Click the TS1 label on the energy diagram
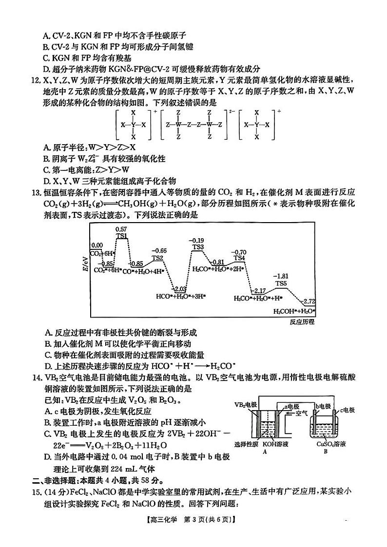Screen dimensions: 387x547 pyautogui.click(x=121, y=236)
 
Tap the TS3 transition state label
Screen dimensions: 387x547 pyautogui.click(x=197, y=247)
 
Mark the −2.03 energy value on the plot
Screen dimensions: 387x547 pyautogui.click(x=180, y=289)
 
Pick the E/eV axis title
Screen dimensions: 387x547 pyautogui.click(x=86, y=262)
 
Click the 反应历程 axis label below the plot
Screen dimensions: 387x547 pyautogui.click(x=302, y=321)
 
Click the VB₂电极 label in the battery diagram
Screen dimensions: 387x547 pyautogui.click(x=246, y=405)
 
